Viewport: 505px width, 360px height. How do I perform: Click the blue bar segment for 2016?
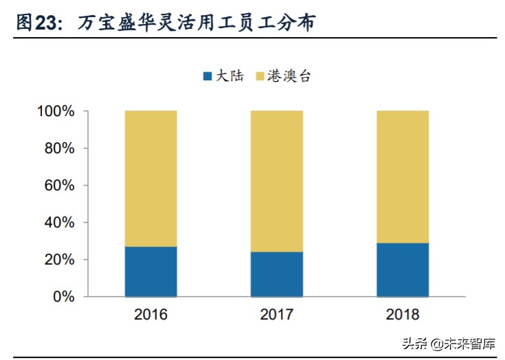tap(150, 271)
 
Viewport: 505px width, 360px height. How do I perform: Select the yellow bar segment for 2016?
tap(150, 179)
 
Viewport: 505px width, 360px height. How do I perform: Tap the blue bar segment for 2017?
tap(276, 274)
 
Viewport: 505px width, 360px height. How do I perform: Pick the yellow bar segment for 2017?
tap(276, 181)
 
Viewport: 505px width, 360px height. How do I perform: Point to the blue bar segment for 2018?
tap(403, 270)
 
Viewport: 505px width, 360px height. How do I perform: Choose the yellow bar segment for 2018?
tap(403, 177)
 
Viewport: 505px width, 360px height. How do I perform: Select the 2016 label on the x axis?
tap(150, 315)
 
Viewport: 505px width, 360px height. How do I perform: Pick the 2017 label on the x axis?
tap(276, 315)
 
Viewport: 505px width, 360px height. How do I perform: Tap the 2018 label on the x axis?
tap(403, 315)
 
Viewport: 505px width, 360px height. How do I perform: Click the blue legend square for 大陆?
tap(207, 76)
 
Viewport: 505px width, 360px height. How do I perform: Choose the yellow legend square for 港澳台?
tap(260, 76)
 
